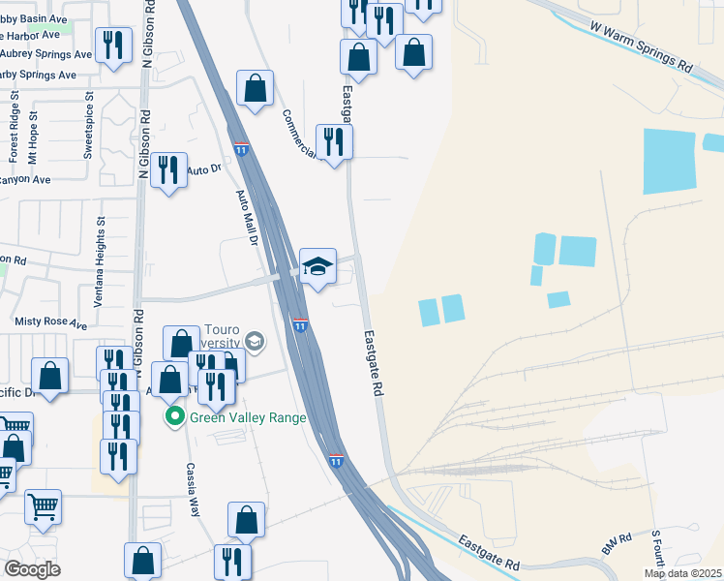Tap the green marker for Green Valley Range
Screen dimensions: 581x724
(175, 417)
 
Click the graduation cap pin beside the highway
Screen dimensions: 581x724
(317, 265)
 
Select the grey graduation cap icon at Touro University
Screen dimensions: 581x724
(254, 340)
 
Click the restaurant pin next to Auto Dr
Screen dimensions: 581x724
(169, 170)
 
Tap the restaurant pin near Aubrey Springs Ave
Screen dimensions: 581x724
(113, 45)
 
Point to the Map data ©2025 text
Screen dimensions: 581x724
(683, 573)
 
